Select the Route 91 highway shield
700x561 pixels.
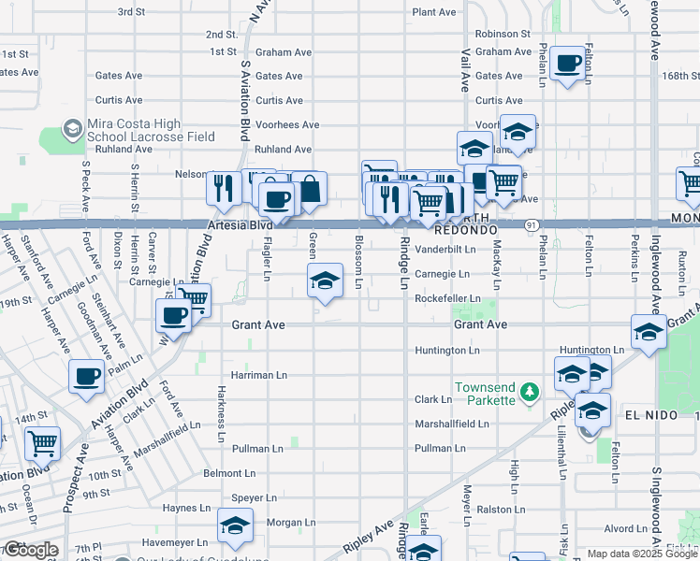(x=531, y=224)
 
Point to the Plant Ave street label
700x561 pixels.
(x=434, y=12)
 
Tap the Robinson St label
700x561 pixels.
(x=503, y=34)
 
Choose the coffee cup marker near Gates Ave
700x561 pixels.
(x=567, y=65)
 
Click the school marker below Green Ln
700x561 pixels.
(x=325, y=280)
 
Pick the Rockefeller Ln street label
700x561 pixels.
(x=447, y=299)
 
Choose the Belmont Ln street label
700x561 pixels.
(x=229, y=474)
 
